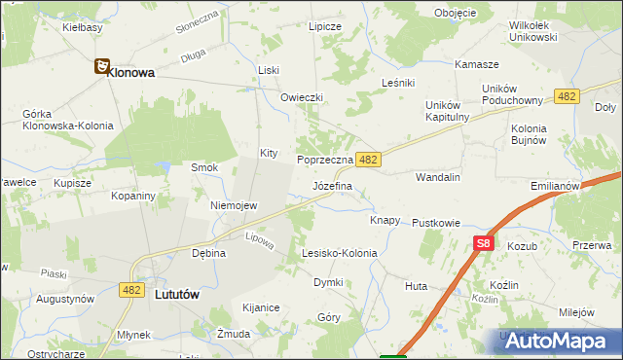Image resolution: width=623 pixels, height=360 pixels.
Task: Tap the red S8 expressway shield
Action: point(484,245)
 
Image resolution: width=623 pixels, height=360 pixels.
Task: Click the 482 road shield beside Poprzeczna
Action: point(367,159)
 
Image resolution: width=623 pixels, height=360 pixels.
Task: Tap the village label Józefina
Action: point(332,184)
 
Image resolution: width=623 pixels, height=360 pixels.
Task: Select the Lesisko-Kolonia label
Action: point(339,253)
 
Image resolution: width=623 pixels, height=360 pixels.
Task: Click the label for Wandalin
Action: point(437,178)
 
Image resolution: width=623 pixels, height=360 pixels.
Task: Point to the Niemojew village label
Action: point(234,205)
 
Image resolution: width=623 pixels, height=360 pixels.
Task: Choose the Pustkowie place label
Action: point(435,223)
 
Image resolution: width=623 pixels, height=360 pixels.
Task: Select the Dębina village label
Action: point(208,253)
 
